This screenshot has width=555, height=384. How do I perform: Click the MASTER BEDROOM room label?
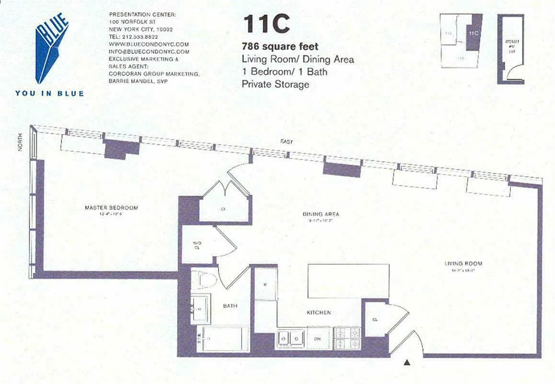pyautogui.click(x=111, y=208)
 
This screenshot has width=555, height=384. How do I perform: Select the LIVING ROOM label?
pyautogui.click(x=463, y=264)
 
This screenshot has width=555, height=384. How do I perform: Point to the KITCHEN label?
pyautogui.click(x=319, y=312)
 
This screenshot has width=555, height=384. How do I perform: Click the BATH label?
pyautogui.click(x=230, y=306)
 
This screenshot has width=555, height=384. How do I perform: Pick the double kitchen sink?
pyautogui.click(x=291, y=338)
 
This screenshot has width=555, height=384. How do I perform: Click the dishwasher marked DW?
pyautogui.click(x=318, y=338)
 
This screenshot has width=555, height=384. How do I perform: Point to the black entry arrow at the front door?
pyautogui.click(x=407, y=363)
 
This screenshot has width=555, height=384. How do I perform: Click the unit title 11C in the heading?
pyautogui.click(x=266, y=24)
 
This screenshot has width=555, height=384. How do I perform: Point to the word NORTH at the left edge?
pyautogui.click(x=20, y=145)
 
